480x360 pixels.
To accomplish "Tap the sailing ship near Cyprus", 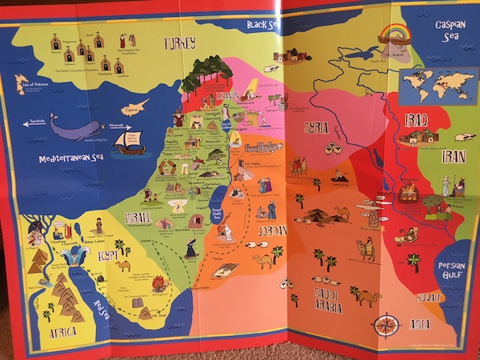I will pos(130,142).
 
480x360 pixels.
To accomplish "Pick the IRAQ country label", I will pos(416,120).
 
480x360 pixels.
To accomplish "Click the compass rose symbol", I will pos(387,324).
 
